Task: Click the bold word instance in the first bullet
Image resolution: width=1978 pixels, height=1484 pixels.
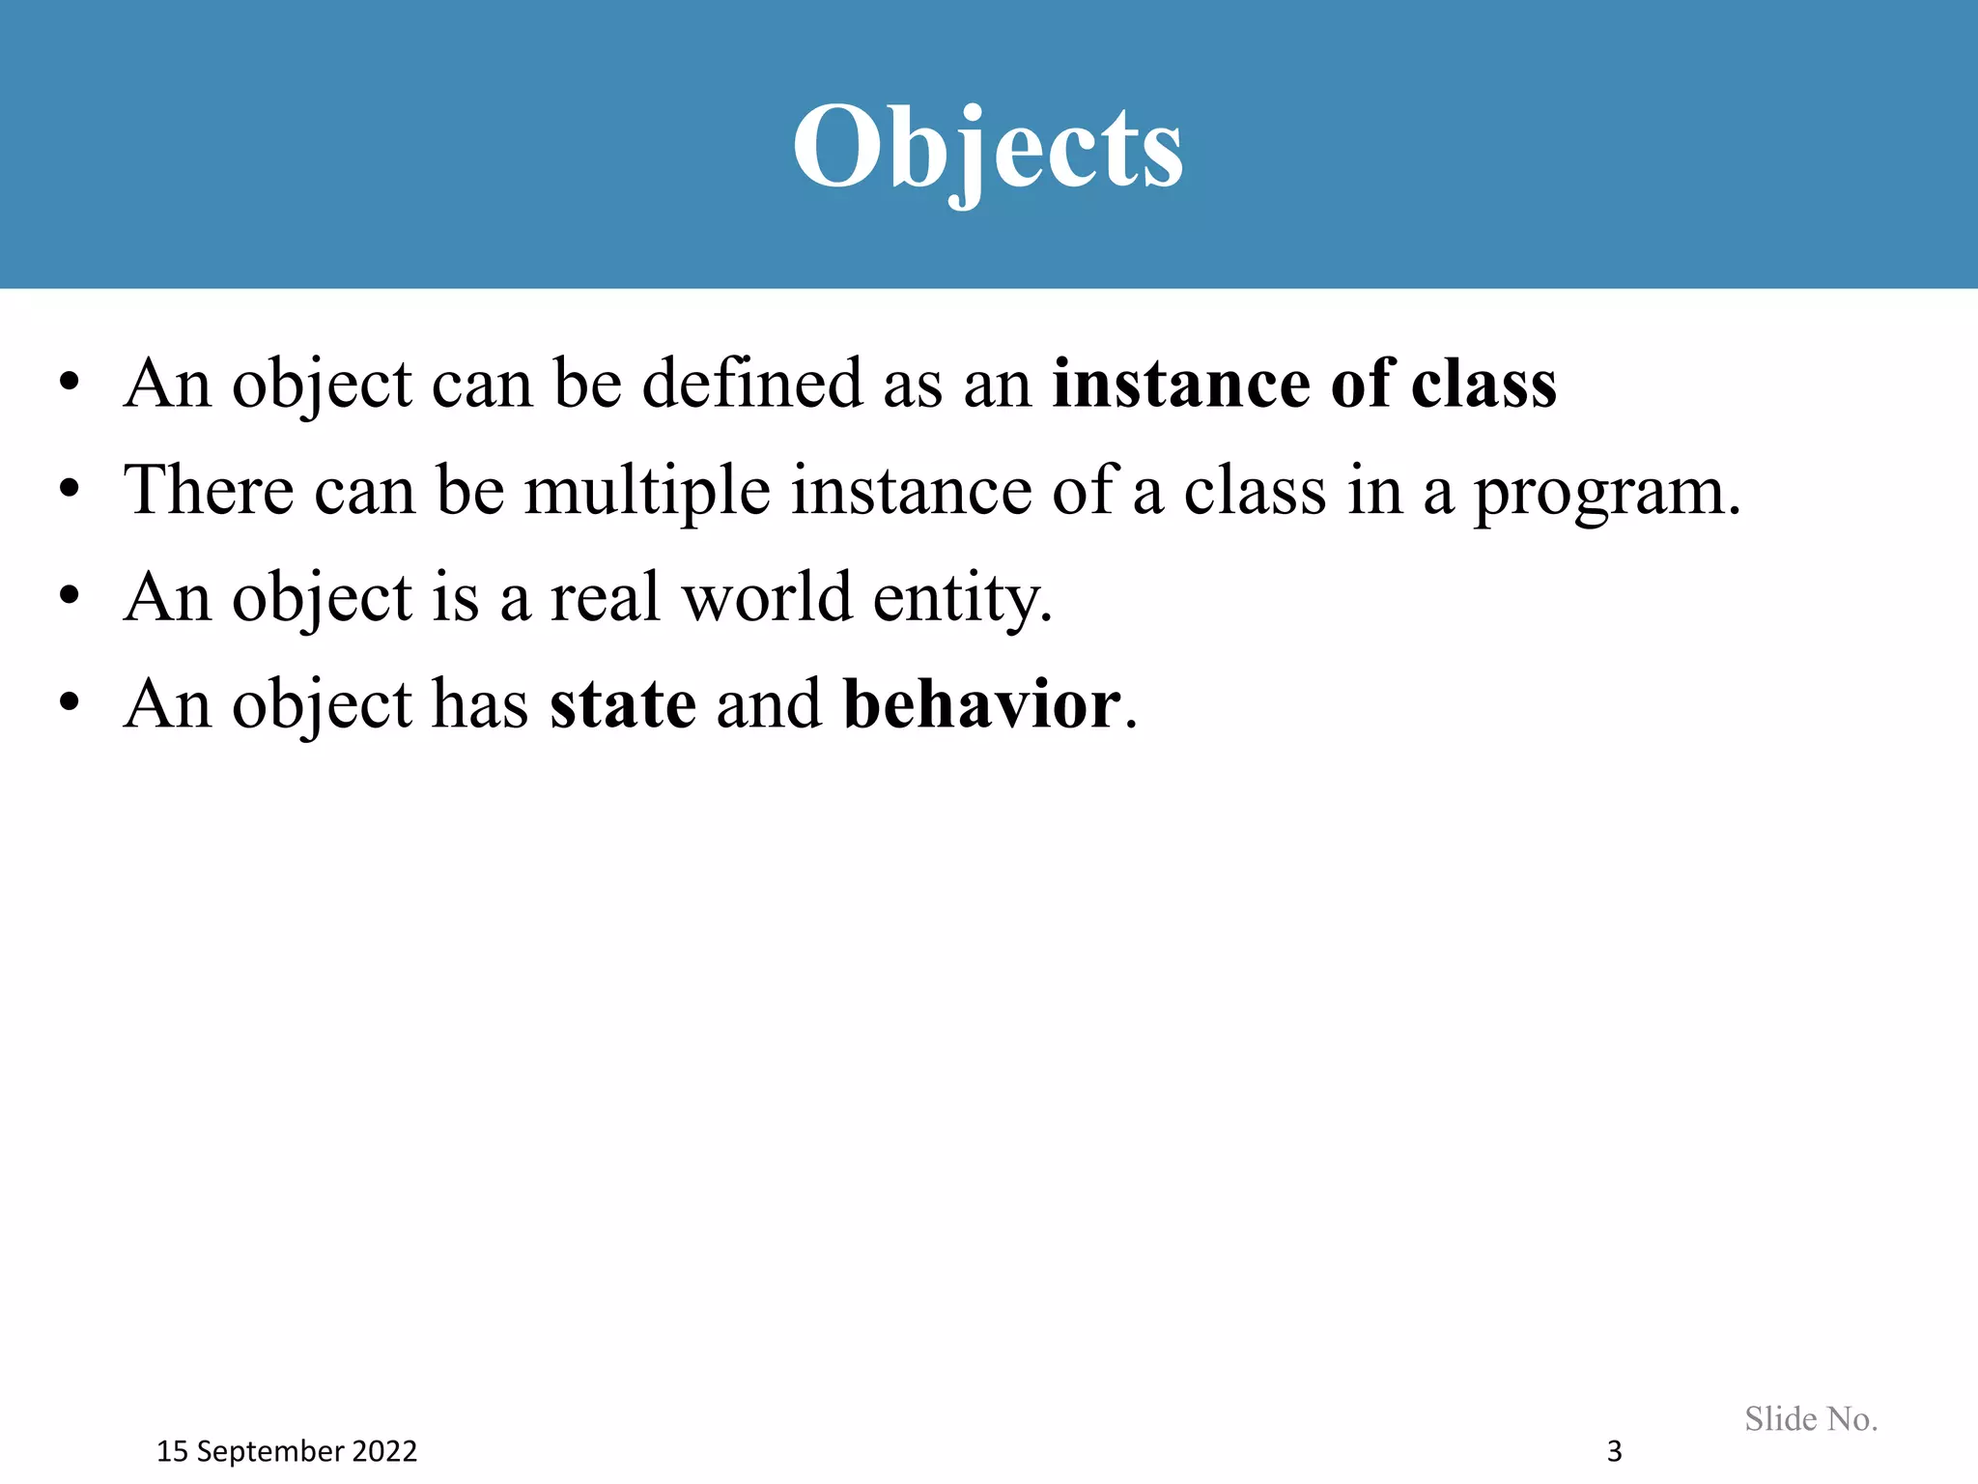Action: click(1180, 384)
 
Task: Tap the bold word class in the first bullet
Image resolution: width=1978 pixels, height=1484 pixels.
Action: click(1483, 384)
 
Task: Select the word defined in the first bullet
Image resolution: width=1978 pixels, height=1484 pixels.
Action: click(751, 384)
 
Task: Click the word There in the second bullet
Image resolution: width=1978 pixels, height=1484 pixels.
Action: click(209, 490)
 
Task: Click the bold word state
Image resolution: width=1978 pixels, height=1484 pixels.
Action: click(623, 703)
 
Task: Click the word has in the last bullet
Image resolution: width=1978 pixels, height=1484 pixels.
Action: click(480, 703)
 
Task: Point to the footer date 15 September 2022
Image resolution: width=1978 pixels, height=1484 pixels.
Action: click(287, 1451)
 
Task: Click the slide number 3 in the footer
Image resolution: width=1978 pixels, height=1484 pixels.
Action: click(1614, 1451)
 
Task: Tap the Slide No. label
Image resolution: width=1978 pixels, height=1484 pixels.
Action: click(1811, 1418)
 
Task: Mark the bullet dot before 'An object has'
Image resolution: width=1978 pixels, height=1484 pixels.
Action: click(68, 703)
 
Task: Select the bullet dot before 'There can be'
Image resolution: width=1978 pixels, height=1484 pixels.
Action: click(68, 490)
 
